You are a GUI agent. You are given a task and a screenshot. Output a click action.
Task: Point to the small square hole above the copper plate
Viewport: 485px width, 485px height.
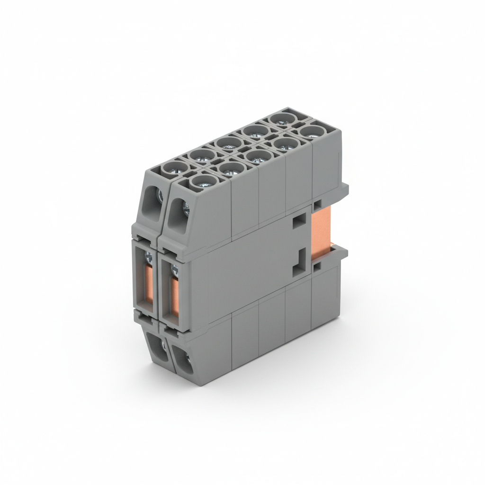(316, 204)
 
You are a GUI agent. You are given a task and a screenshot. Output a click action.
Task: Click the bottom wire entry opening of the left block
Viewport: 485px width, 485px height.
(157, 347)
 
